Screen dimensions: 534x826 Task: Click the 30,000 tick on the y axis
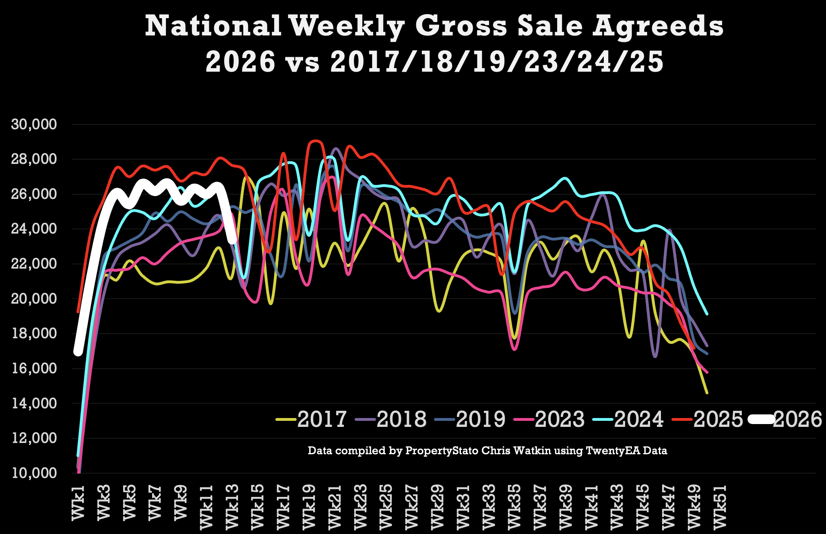click(34, 124)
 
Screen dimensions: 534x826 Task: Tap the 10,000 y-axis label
click(34, 473)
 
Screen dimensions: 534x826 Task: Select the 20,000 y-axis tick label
click(34, 299)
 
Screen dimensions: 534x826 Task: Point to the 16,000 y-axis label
click(34, 368)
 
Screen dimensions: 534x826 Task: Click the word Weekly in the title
click(347, 27)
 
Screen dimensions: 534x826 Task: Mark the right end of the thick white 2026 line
click(233, 240)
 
